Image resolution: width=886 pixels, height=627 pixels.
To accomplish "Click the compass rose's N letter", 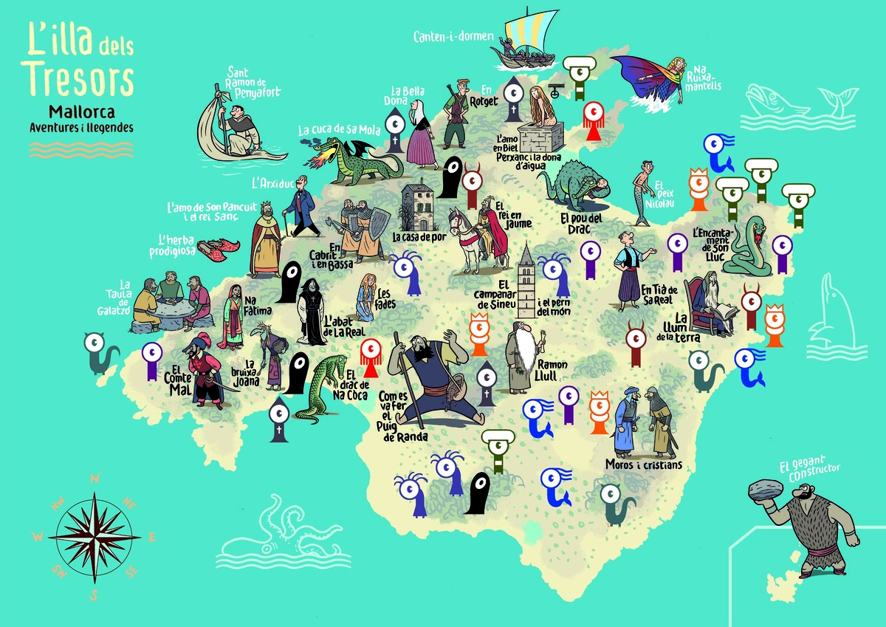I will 95,479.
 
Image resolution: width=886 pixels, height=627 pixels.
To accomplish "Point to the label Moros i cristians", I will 643,465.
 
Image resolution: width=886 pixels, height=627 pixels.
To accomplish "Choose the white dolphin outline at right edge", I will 827,318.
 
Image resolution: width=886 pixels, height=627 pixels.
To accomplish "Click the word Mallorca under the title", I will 80,112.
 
